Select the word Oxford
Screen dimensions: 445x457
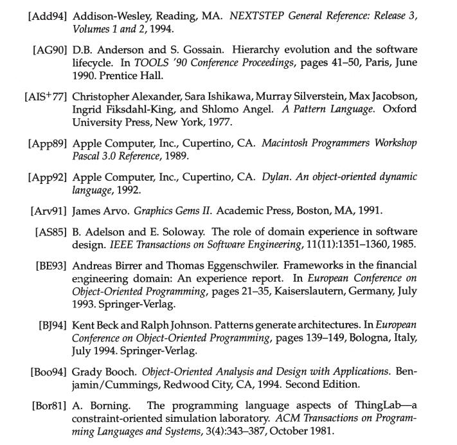[399, 109]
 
